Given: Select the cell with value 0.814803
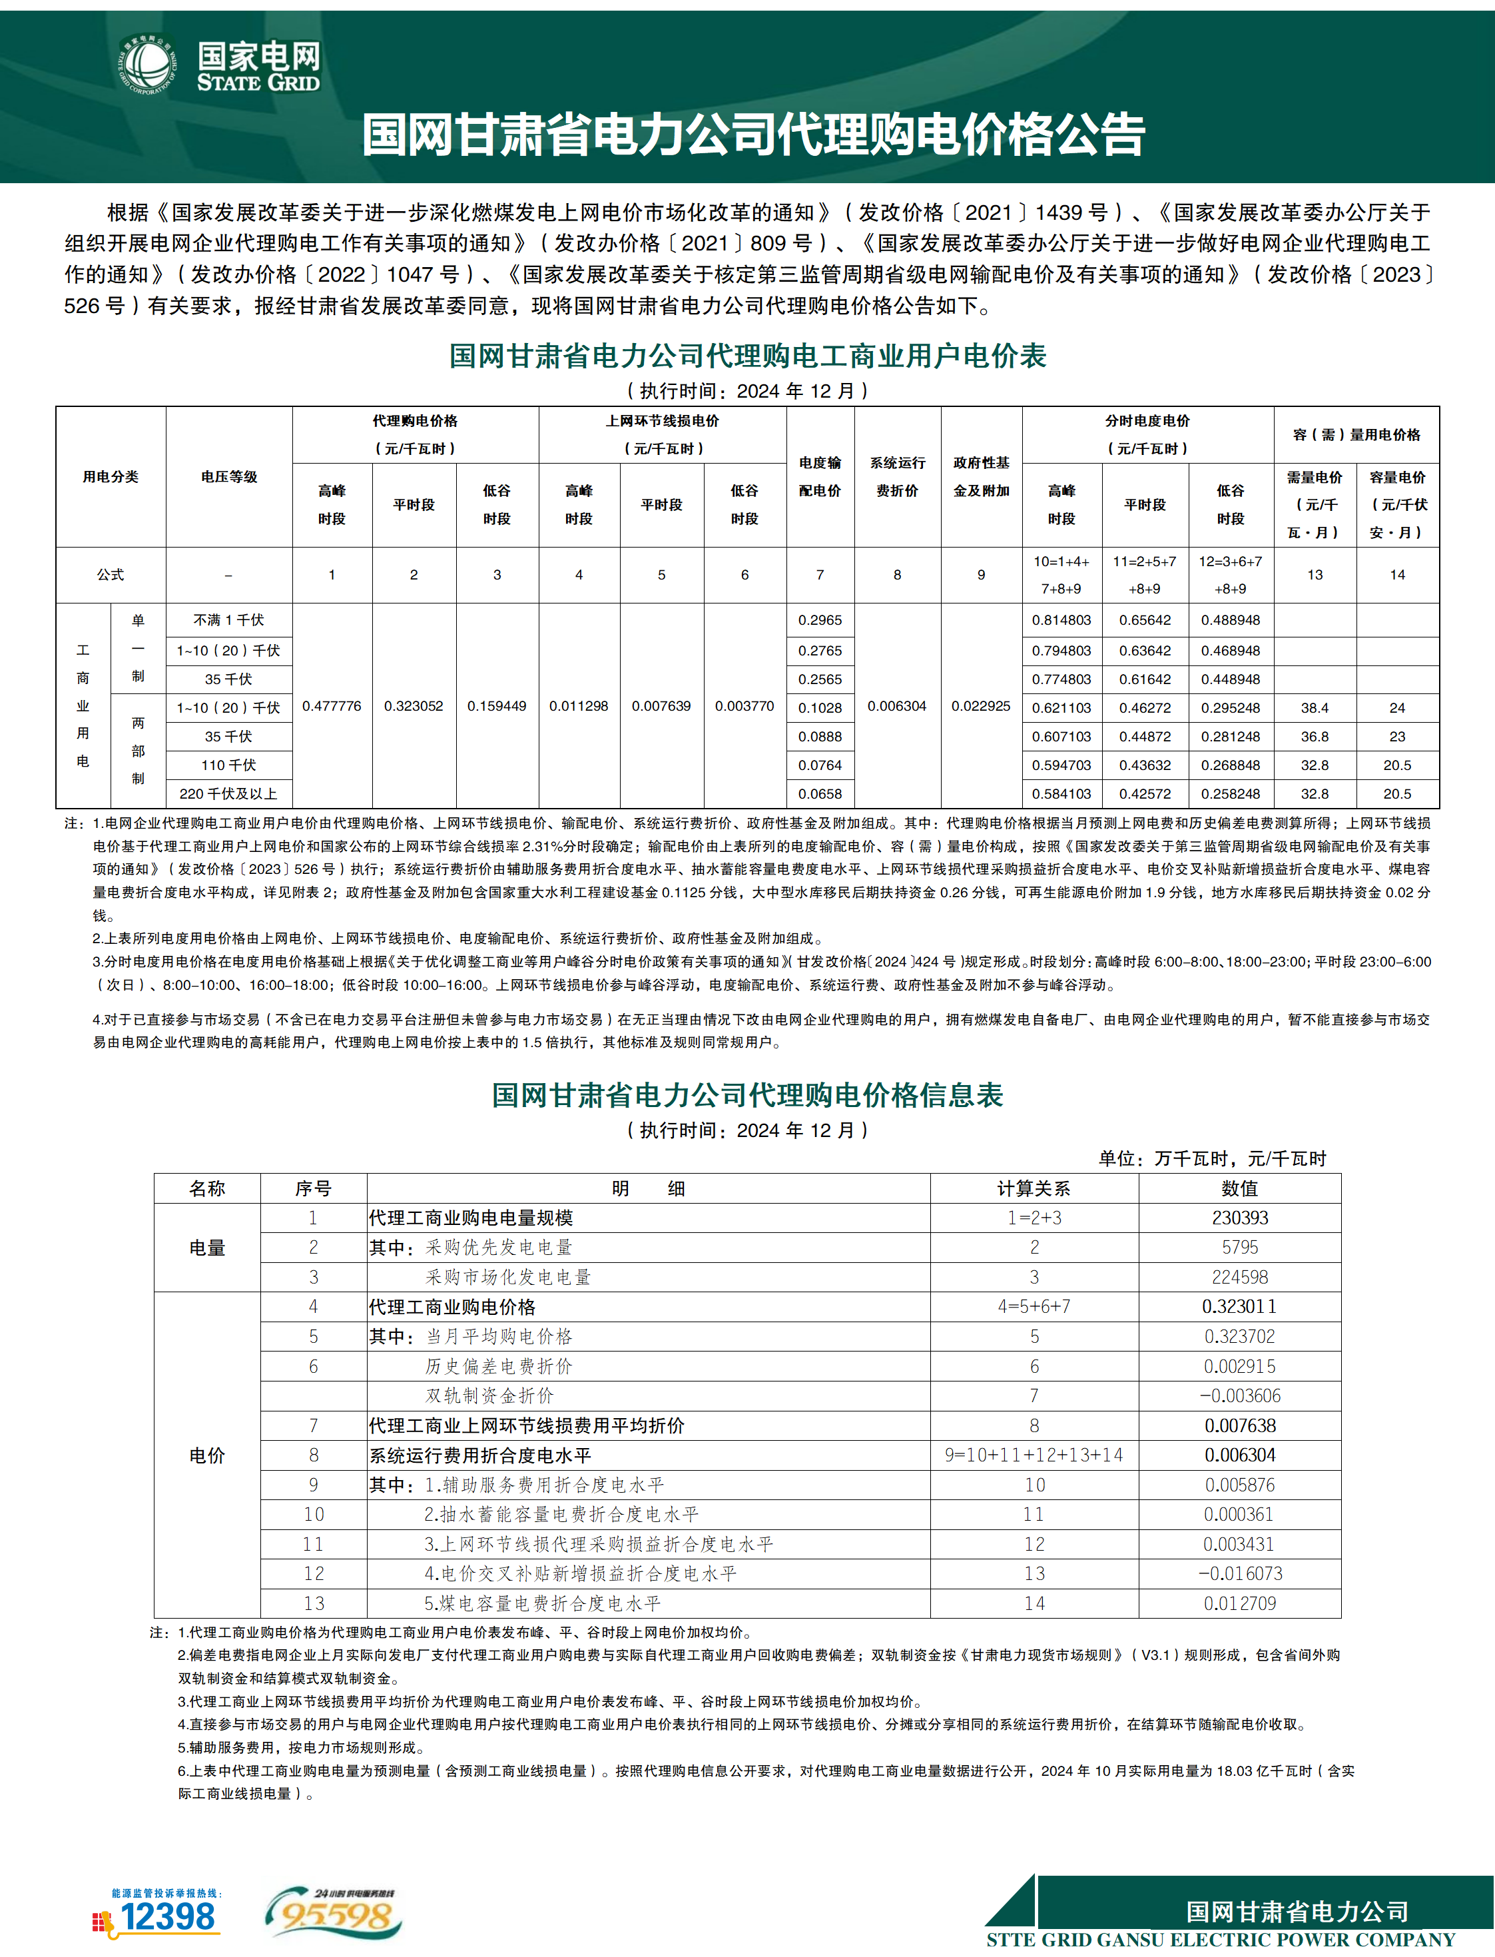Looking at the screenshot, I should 1061,620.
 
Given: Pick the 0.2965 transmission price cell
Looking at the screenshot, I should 820,620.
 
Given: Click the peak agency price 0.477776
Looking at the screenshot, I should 332,705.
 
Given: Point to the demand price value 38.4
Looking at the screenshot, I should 1315,707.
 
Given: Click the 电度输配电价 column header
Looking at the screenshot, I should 820,476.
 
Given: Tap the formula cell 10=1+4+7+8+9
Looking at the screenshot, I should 1061,575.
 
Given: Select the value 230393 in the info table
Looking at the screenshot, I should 1239,1218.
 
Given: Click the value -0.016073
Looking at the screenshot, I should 1239,1573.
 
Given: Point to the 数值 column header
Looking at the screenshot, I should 1239,1188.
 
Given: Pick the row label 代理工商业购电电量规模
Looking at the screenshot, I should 471,1218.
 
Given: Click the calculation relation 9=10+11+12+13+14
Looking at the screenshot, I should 1034,1455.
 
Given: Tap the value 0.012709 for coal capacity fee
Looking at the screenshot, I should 1239,1604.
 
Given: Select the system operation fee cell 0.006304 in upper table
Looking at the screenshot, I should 897,705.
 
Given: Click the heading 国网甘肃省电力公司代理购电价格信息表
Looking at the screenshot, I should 747,1094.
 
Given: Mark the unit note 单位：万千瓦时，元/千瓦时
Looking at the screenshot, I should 1212,1158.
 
